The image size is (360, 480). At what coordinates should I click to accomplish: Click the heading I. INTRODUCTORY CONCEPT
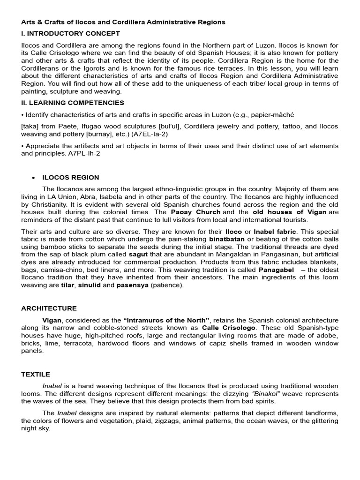click(70, 33)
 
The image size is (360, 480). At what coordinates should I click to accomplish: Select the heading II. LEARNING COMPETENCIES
click(73, 103)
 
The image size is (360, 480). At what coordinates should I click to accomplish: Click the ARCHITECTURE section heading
click(49, 308)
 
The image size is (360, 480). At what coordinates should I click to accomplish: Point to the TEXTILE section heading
click(36, 375)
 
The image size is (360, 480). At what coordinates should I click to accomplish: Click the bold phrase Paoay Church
click(195, 212)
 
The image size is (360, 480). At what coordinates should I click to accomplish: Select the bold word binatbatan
click(226, 239)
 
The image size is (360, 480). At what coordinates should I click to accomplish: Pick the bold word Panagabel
click(276, 270)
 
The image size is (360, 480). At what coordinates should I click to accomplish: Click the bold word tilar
click(67, 285)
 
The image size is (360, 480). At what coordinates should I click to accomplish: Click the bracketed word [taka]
click(30, 127)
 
